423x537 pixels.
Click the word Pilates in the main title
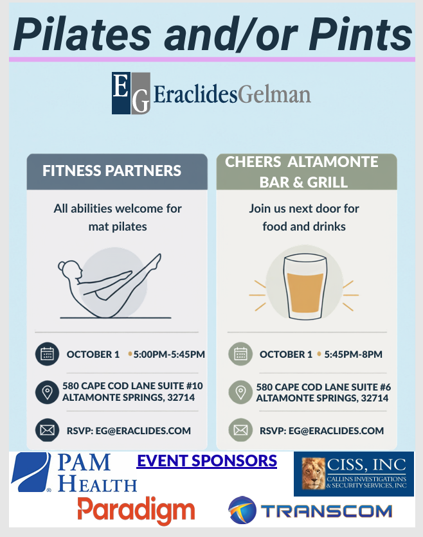(x=82, y=34)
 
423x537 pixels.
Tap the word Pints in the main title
(x=361, y=34)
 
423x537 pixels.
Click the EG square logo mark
(x=131, y=92)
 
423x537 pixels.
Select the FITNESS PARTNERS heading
(x=112, y=171)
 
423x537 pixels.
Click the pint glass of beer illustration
(x=305, y=286)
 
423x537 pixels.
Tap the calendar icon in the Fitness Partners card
(x=48, y=354)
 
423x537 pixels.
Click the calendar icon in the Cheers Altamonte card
(x=240, y=354)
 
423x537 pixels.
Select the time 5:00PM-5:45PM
(x=169, y=354)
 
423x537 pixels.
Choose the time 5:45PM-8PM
(x=353, y=354)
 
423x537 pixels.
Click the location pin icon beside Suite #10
(x=48, y=392)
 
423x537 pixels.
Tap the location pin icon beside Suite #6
(x=240, y=392)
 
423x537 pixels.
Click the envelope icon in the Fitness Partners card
(x=48, y=430)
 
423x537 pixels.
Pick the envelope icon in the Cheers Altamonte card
(x=240, y=430)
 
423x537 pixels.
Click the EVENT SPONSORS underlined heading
(x=207, y=461)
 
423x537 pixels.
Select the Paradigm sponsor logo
(x=136, y=510)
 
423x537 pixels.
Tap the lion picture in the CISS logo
(x=313, y=473)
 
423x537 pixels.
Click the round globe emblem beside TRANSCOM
(x=242, y=510)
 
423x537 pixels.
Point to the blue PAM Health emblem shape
(x=31, y=472)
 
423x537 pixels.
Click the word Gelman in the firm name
(x=274, y=94)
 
